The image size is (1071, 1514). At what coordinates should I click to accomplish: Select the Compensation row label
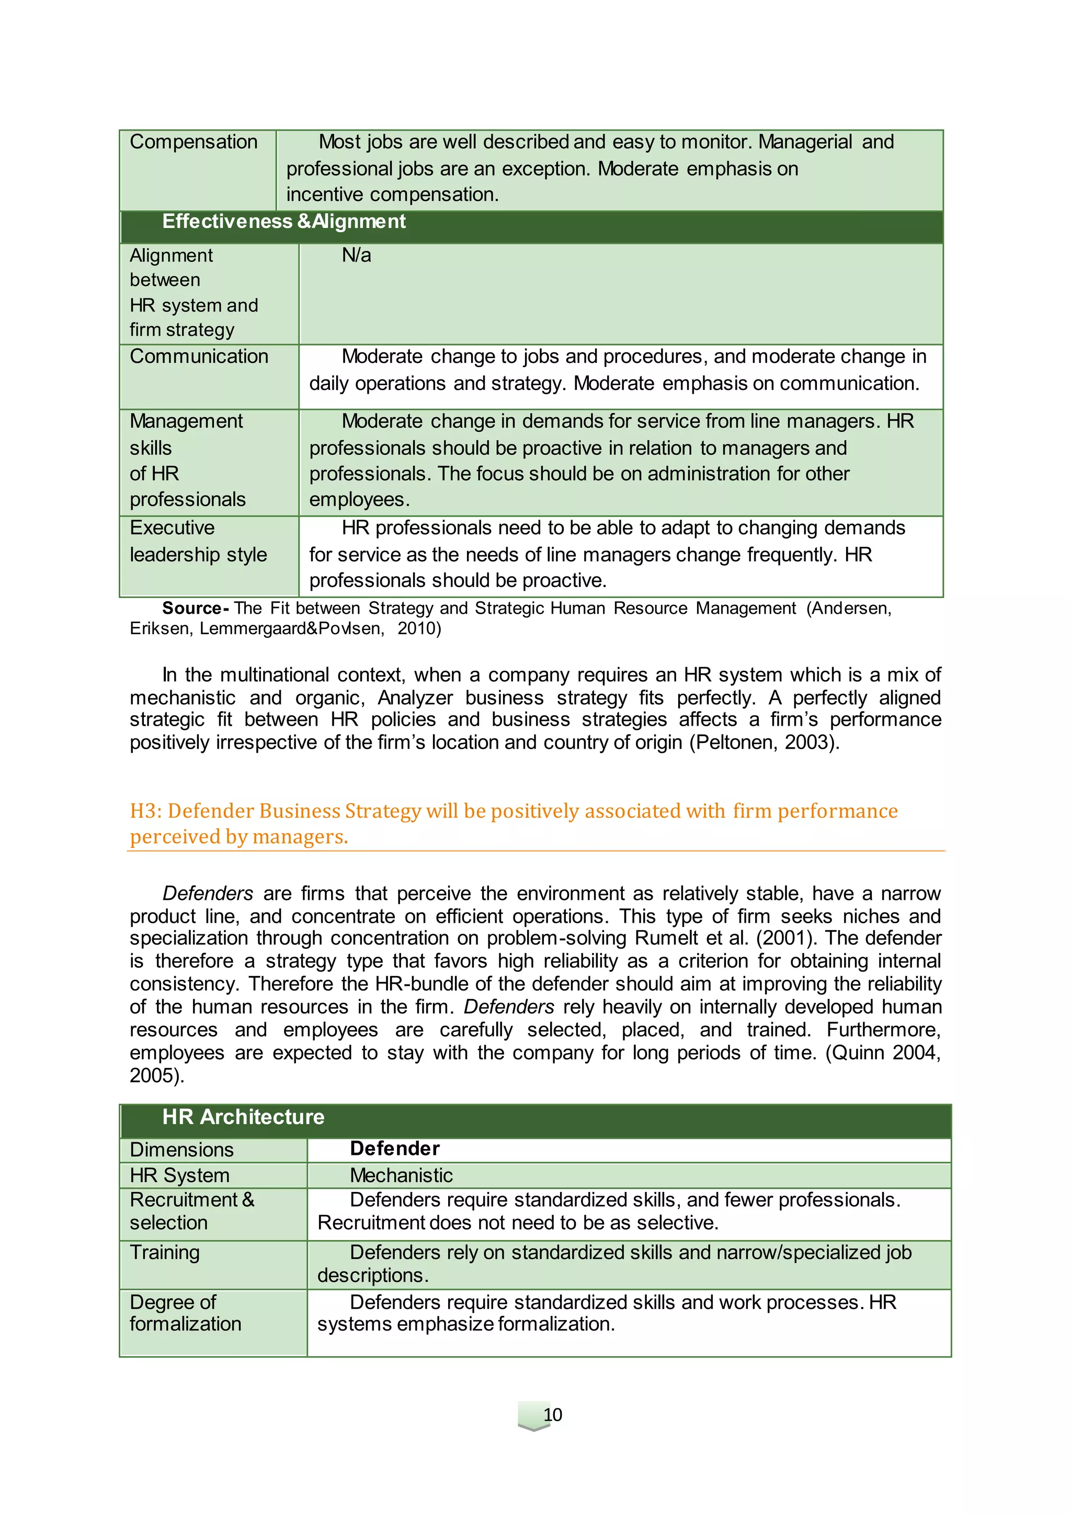[193, 142]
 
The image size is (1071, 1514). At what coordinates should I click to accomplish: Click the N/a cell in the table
[356, 255]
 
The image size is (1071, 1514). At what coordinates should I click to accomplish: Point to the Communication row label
[199, 357]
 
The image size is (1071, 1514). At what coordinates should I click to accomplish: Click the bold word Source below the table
[192, 608]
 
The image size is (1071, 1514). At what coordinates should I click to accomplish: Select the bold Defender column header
[394, 1149]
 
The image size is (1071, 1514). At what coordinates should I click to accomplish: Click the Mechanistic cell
[401, 1175]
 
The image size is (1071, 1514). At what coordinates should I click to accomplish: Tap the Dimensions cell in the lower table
[181, 1149]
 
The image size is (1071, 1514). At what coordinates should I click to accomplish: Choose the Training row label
[164, 1252]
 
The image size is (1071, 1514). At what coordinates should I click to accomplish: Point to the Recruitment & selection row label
[191, 1211]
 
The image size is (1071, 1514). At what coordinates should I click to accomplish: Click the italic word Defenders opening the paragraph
[208, 893]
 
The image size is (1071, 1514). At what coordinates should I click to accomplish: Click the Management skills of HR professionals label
[187, 460]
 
